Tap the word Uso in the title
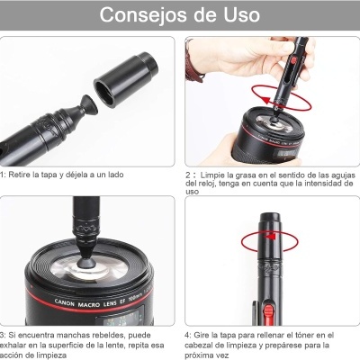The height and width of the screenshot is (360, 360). click(x=237, y=15)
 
